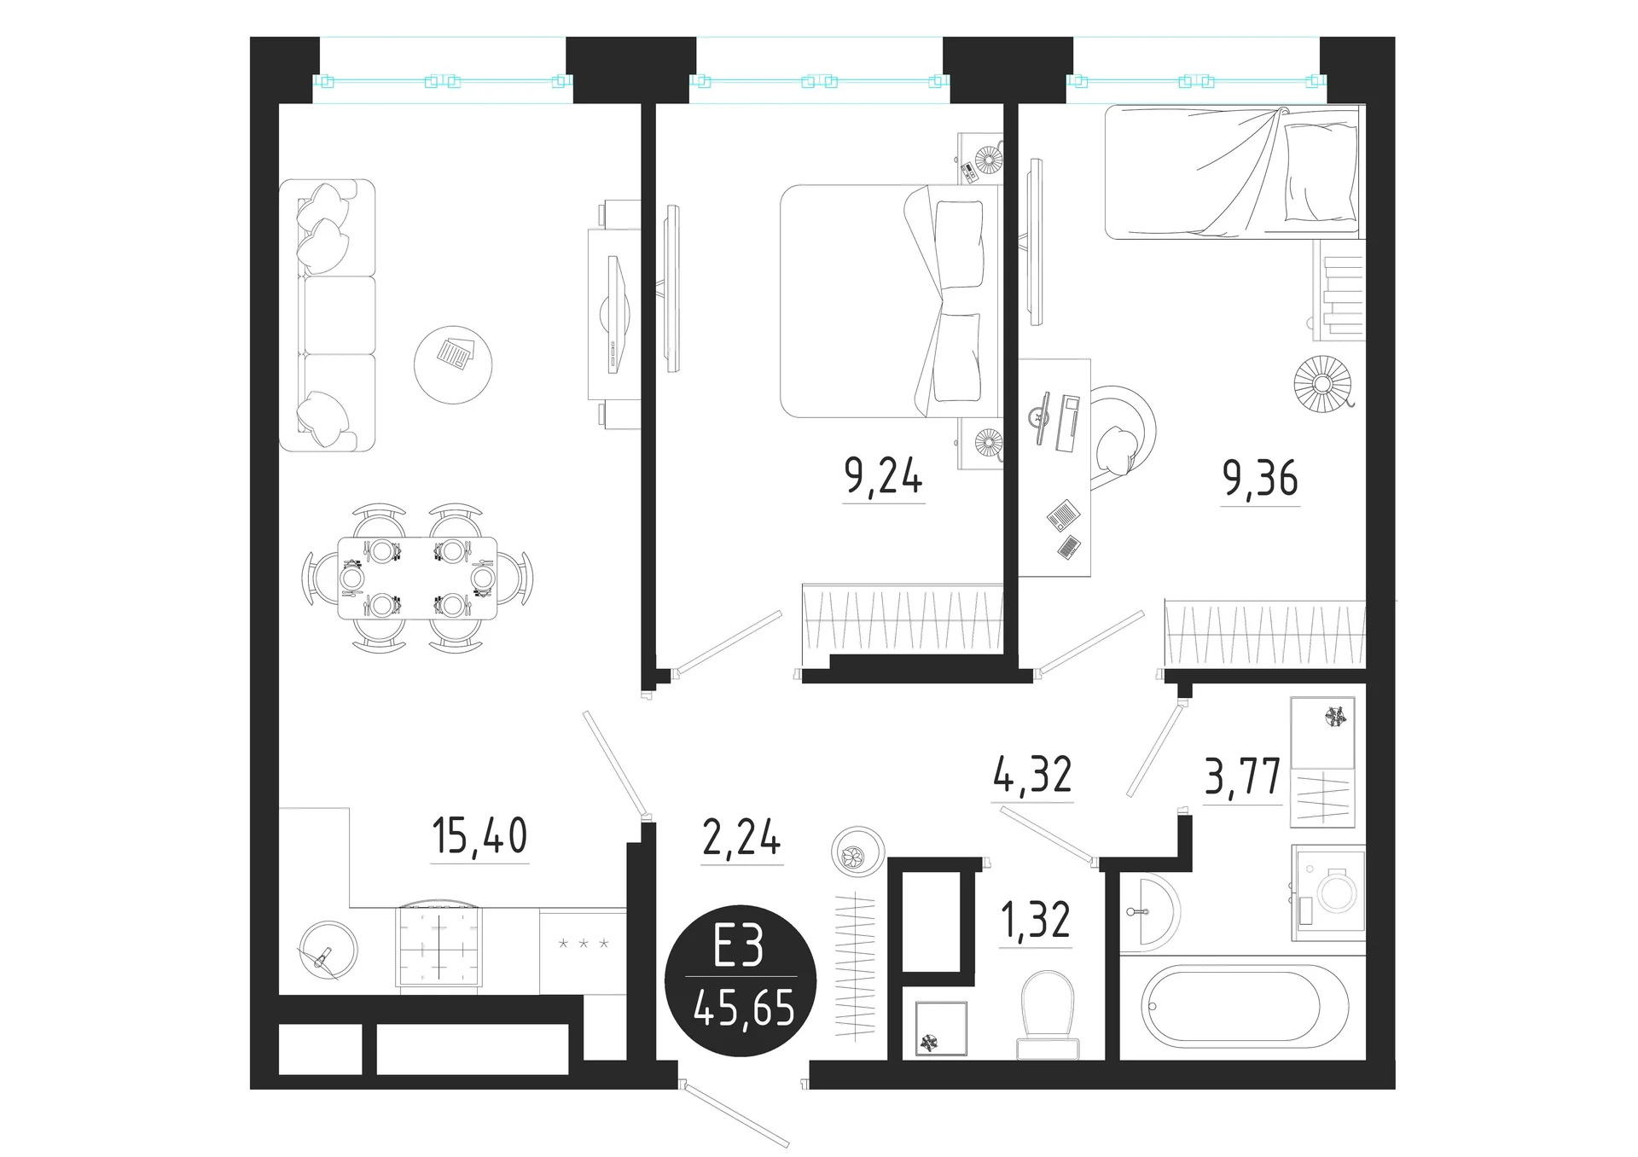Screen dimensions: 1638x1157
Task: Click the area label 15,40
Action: click(479, 836)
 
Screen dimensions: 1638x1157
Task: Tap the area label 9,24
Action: click(883, 475)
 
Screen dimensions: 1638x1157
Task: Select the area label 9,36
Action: click(1260, 478)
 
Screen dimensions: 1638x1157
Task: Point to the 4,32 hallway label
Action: click(1032, 774)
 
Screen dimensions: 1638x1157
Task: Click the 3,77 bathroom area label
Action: click(1242, 776)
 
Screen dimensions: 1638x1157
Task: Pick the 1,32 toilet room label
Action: click(1036, 920)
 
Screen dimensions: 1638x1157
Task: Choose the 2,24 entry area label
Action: click(741, 837)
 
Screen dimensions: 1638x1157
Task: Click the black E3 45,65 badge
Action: click(741, 980)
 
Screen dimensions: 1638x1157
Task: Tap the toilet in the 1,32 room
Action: click(1048, 1014)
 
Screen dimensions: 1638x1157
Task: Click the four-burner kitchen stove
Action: click(439, 945)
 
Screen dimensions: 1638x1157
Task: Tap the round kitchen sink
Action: click(328, 949)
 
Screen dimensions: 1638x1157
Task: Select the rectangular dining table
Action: click(417, 578)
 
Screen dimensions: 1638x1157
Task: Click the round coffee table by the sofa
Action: click(453, 364)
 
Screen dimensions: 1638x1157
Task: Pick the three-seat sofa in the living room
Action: click(328, 315)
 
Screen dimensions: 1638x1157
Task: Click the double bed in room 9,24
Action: click(890, 300)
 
